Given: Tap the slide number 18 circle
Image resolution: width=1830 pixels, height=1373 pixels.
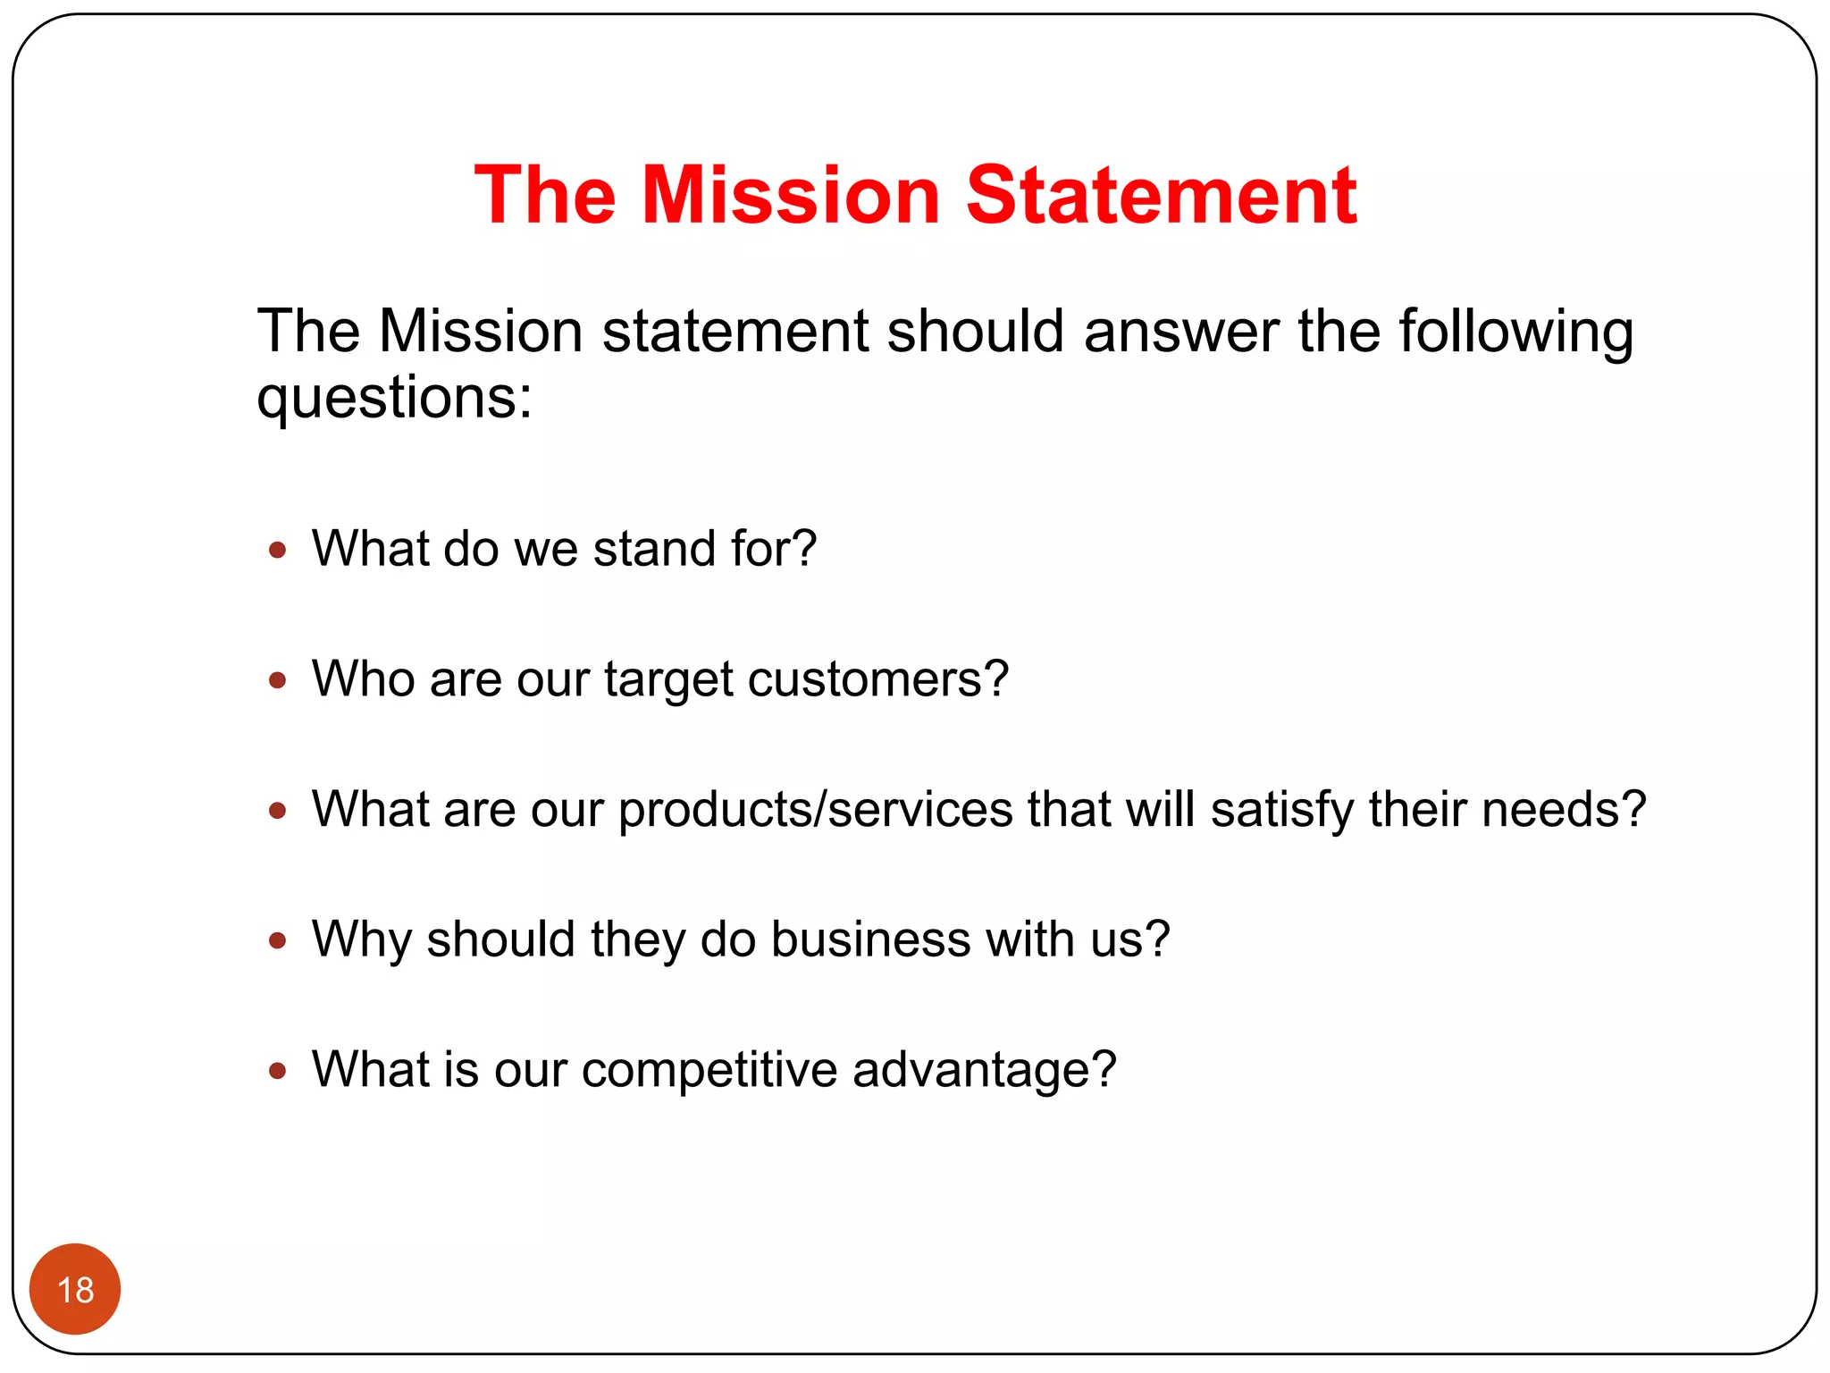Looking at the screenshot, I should tap(75, 1289).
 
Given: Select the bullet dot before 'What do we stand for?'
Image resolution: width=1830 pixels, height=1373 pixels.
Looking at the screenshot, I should tap(278, 550).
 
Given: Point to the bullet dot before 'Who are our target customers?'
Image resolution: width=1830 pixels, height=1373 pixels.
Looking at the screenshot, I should tap(278, 681).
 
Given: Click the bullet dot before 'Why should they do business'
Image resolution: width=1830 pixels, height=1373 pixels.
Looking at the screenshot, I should tap(278, 940).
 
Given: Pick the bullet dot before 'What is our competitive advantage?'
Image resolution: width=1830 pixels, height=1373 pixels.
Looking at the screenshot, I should tap(278, 1071).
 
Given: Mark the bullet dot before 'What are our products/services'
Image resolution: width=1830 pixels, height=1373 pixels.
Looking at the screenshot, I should tap(278, 811).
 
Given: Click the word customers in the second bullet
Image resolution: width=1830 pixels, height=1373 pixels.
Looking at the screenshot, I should tap(877, 679).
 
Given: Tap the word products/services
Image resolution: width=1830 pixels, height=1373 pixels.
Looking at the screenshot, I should tap(815, 810).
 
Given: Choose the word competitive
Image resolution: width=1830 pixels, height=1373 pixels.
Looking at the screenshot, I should tap(709, 1070).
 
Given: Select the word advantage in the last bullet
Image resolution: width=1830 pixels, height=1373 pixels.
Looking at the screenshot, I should tap(983, 1070).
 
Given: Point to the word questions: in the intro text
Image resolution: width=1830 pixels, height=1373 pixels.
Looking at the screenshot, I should tap(394, 398).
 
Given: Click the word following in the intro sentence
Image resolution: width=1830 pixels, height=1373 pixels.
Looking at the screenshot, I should tap(1515, 332).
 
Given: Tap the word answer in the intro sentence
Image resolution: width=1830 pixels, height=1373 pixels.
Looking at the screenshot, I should tap(1181, 332).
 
